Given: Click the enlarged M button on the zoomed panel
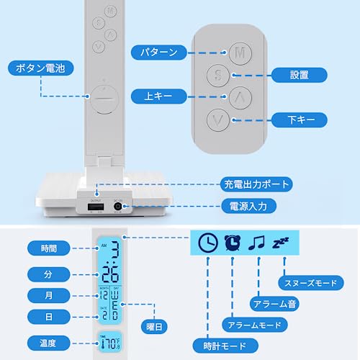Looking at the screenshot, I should (x=240, y=53).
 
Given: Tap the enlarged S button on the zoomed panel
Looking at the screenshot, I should (x=217, y=74).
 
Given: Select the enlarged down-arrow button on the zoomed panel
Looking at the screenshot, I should (x=218, y=119).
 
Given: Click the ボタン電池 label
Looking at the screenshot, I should (x=40, y=69).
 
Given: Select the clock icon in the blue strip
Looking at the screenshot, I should (x=207, y=244).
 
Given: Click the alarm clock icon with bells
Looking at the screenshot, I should (x=231, y=244).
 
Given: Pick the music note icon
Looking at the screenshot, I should (x=256, y=244).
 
